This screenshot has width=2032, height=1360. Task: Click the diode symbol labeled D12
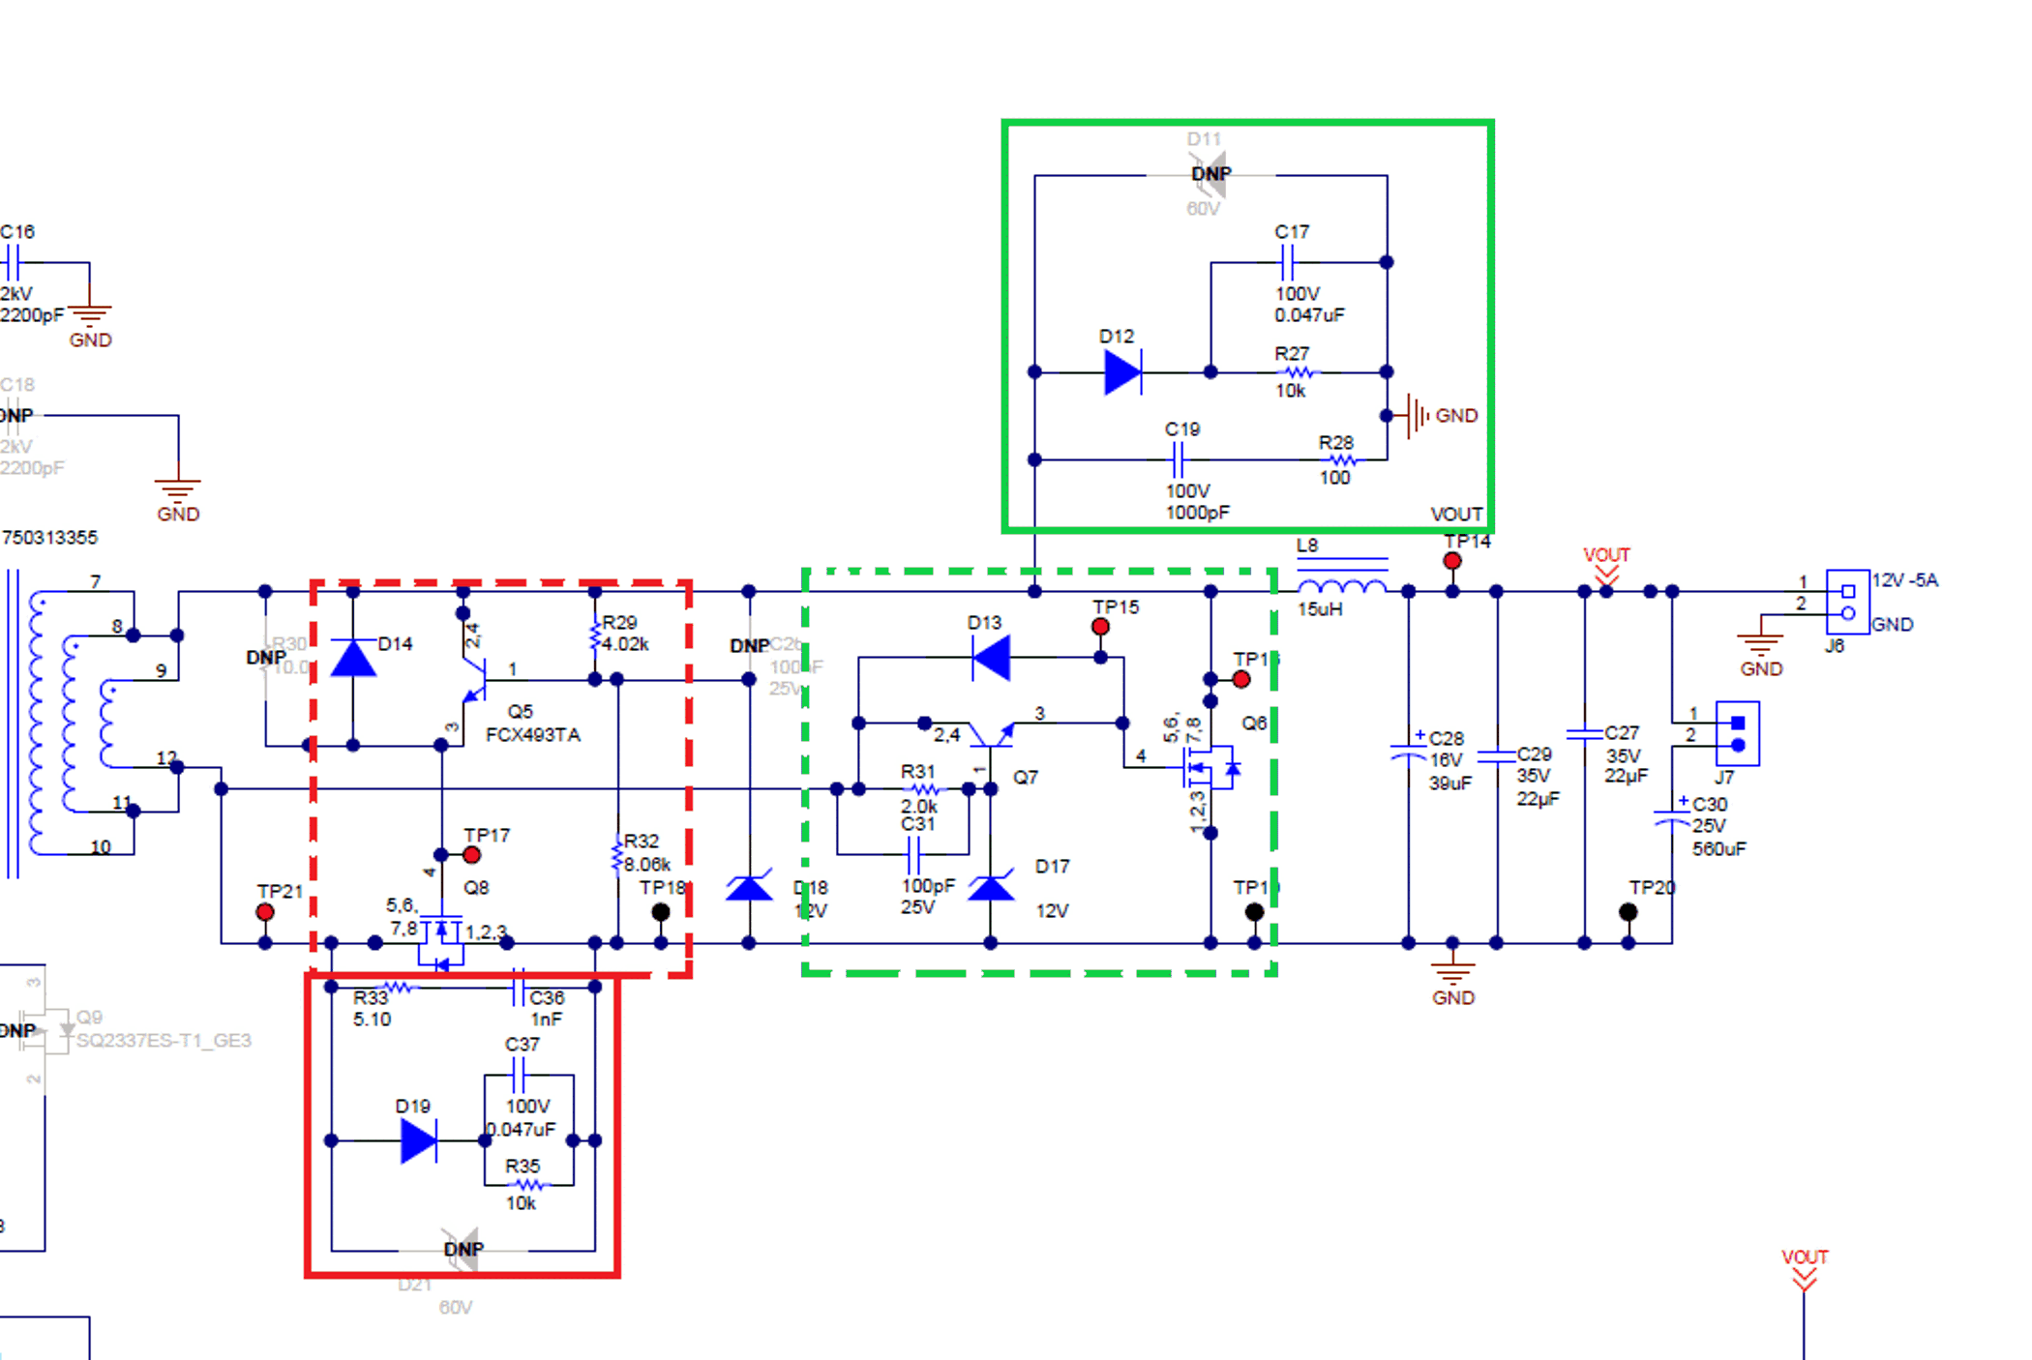click(1122, 371)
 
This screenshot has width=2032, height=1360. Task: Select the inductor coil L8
click(1341, 586)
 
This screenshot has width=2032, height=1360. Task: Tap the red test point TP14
click(1451, 560)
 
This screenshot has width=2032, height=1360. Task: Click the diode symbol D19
click(418, 1140)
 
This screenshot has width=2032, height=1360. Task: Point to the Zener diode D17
click(991, 886)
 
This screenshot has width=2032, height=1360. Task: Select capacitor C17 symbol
click(1287, 261)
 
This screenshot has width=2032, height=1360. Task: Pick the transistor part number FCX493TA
click(533, 735)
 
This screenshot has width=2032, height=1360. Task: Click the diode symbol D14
click(353, 658)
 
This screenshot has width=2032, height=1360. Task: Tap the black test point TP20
click(1629, 911)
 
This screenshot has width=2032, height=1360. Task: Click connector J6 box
click(1846, 602)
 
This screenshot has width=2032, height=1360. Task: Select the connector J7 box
click(1737, 733)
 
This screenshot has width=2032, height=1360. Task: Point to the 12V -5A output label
click(1904, 580)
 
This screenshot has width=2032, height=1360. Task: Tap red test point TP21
click(264, 911)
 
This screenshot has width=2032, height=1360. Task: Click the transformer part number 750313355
click(50, 538)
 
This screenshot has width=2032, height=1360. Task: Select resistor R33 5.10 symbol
click(398, 988)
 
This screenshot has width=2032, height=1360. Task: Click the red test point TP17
click(471, 855)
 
